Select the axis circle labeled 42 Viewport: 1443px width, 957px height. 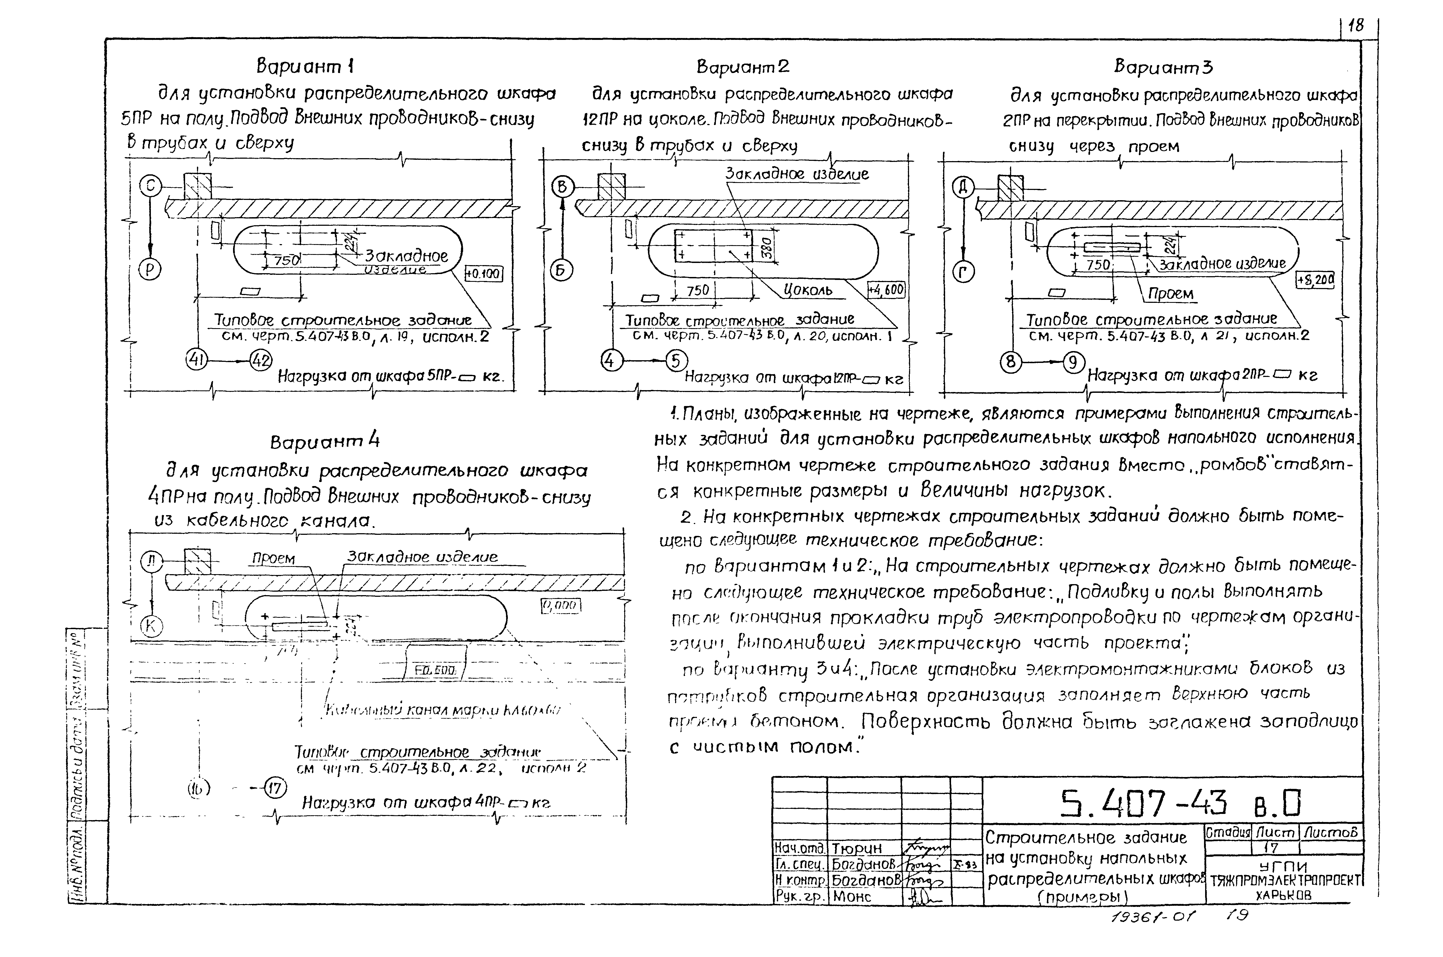[x=261, y=361]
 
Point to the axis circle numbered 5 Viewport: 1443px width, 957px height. [x=675, y=361]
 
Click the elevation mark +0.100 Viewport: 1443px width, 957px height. [x=484, y=274]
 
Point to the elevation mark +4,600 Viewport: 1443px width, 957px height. [x=886, y=290]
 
